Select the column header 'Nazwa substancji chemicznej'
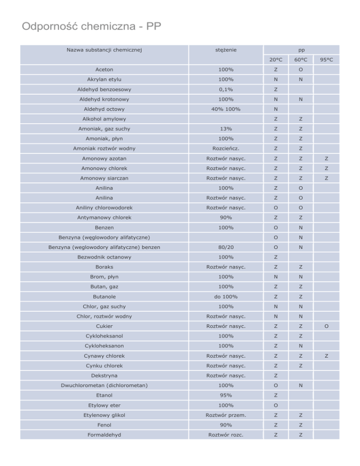tap(104, 49)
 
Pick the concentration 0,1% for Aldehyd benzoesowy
tap(226, 89)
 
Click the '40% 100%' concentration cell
tap(226, 109)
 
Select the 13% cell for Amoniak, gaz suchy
tap(226, 129)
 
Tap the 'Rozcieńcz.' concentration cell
tap(226, 149)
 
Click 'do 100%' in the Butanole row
tap(226, 297)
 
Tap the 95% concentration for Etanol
tap(226, 396)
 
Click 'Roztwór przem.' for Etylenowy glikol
tap(226, 415)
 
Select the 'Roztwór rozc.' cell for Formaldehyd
tap(226, 435)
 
